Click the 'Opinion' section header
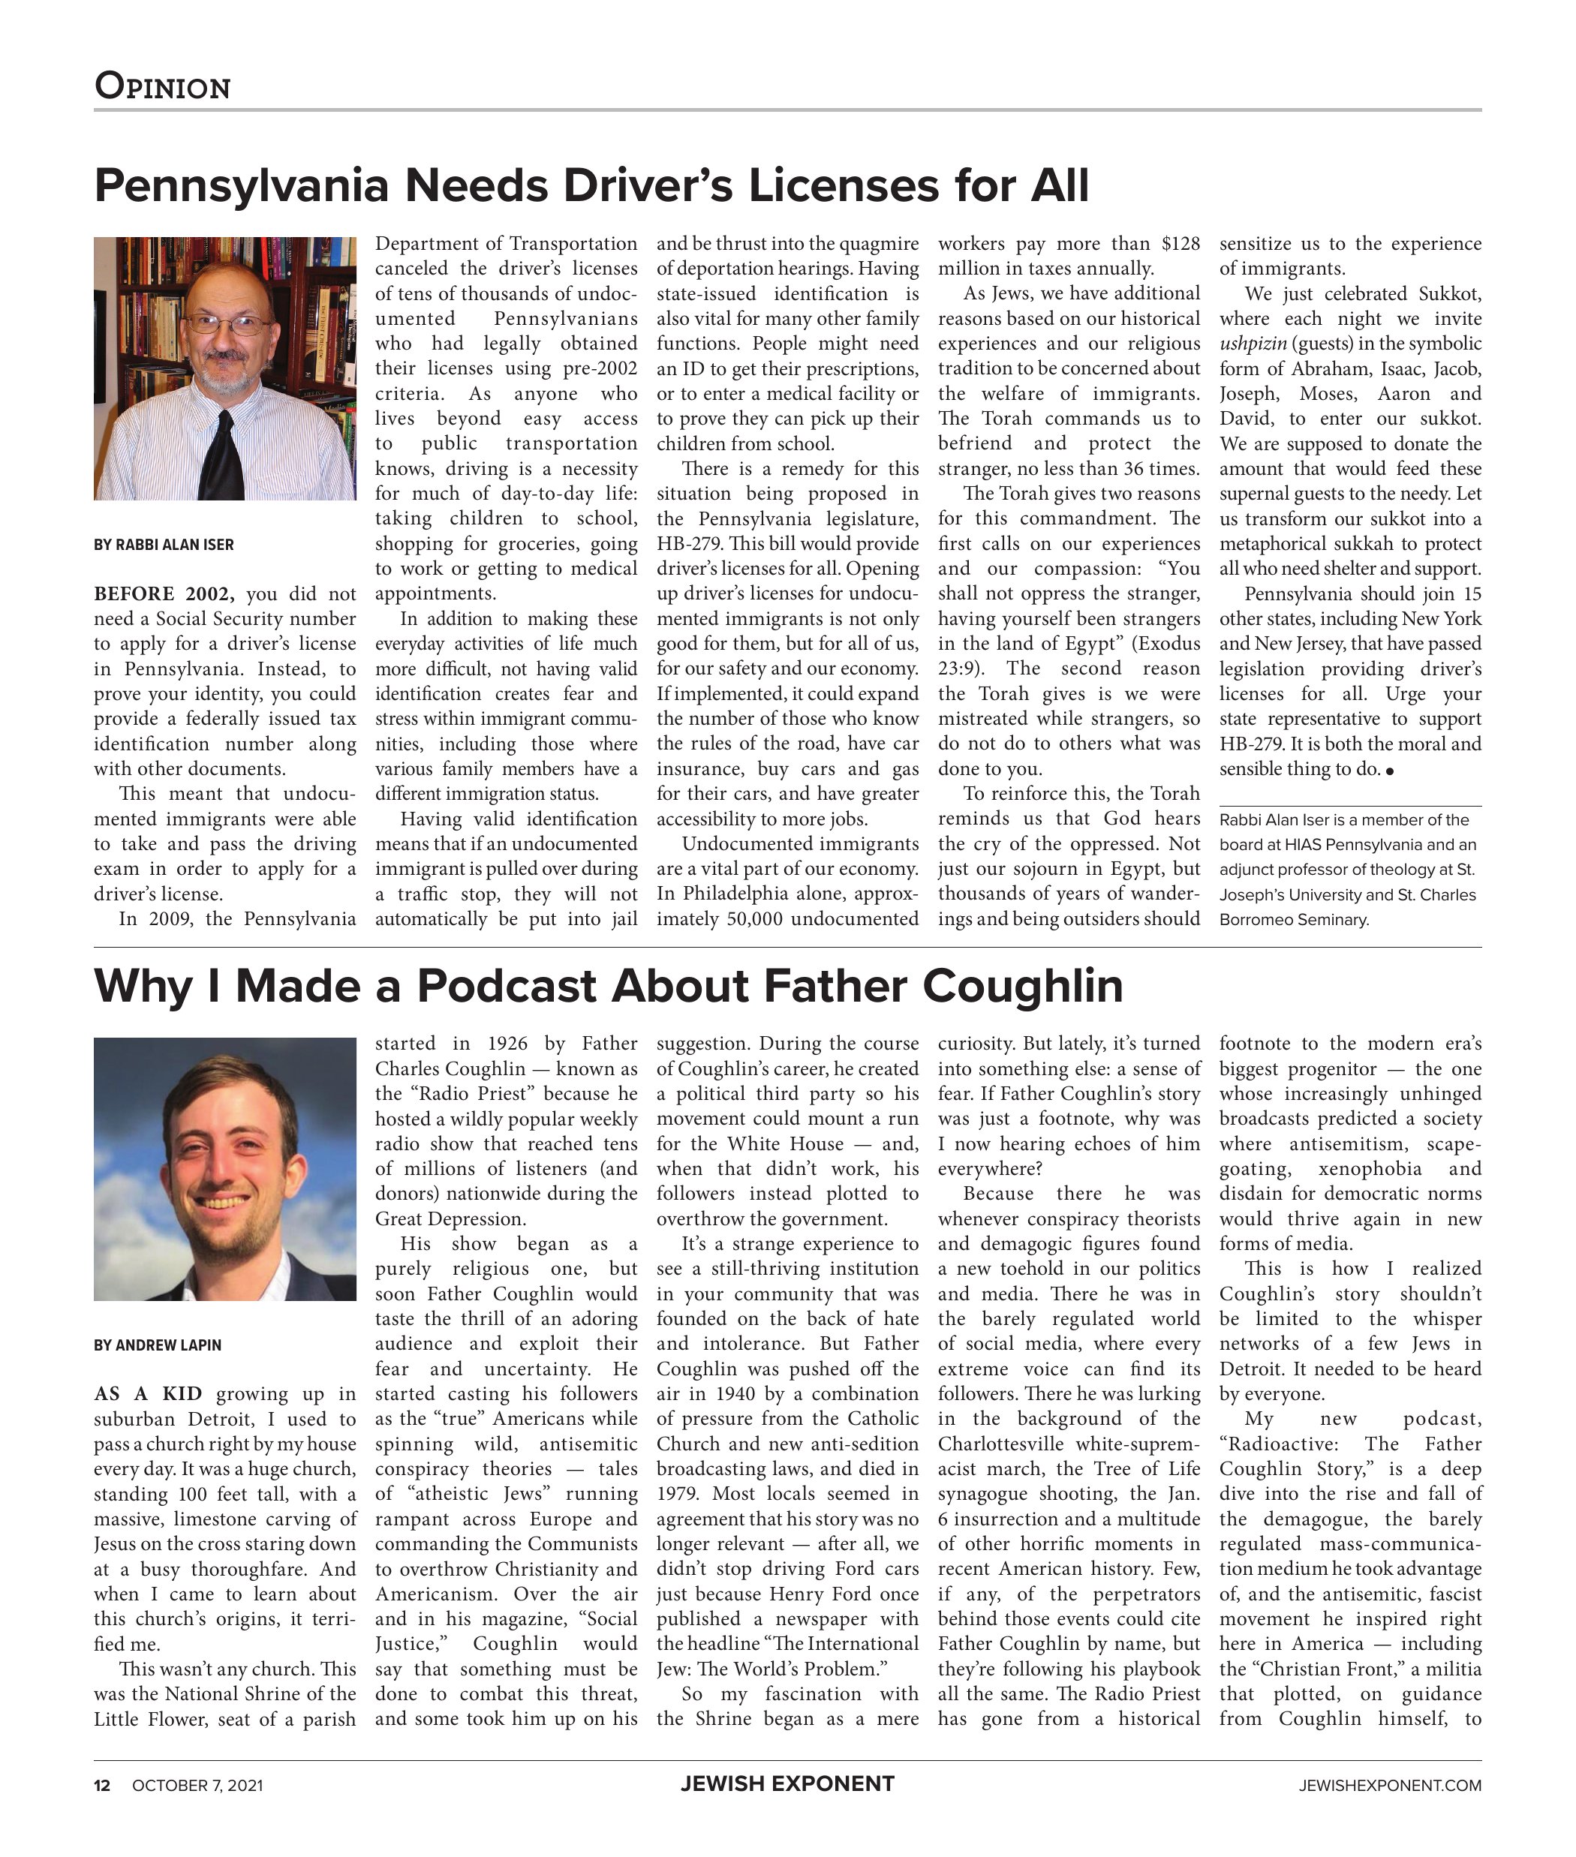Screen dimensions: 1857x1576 point(163,86)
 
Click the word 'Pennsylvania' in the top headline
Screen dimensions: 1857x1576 point(241,186)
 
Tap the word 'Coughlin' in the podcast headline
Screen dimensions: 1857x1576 point(1022,986)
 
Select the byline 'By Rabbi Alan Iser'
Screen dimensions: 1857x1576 point(164,545)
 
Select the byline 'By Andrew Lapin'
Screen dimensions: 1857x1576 point(158,1345)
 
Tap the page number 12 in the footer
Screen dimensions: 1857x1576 point(102,1786)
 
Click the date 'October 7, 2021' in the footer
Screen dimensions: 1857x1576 point(197,1786)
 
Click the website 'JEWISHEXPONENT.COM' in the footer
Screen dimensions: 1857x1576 point(1389,1786)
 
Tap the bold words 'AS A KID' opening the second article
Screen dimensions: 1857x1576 point(147,1394)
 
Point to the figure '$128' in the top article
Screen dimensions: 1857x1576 point(1180,244)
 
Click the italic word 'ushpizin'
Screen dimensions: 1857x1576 point(1253,344)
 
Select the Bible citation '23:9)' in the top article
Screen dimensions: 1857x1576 point(961,669)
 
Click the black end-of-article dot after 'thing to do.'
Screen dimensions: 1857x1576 point(1389,771)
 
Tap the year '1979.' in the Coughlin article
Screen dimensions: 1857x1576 point(680,1495)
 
